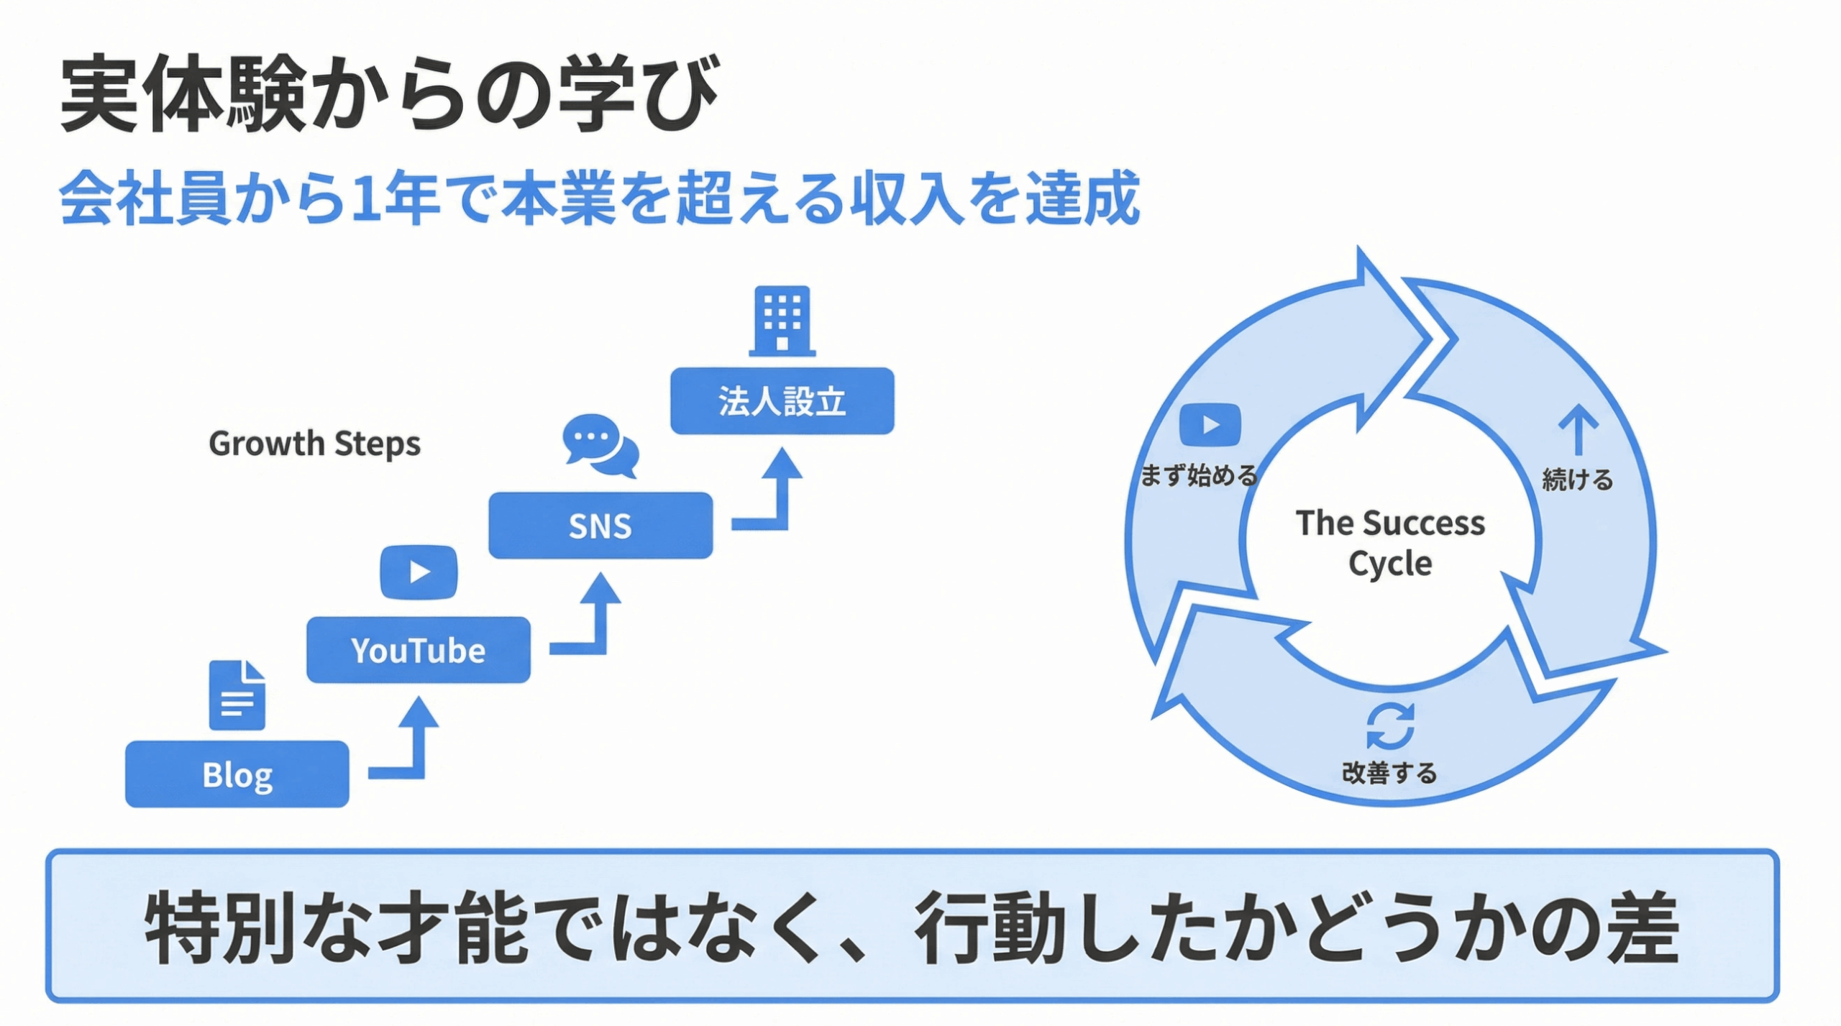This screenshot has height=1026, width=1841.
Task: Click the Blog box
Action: click(237, 774)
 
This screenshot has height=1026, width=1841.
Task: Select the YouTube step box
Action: click(418, 650)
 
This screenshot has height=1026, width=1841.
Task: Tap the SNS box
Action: click(600, 526)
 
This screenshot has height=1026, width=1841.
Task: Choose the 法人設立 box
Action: click(782, 401)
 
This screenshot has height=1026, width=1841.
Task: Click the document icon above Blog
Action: click(237, 695)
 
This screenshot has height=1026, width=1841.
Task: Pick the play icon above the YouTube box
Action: click(419, 572)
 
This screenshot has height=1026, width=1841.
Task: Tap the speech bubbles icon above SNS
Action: click(600, 446)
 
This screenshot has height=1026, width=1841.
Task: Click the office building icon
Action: click(782, 321)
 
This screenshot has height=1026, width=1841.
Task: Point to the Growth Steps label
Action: click(314, 444)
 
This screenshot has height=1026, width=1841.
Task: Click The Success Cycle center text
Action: click(1389, 543)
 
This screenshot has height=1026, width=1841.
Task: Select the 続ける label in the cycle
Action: click(1577, 480)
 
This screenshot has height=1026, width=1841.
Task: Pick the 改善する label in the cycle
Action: click(1389, 773)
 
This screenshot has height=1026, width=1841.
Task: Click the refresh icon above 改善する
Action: click(1390, 726)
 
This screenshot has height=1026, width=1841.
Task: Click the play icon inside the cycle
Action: click(1210, 425)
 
